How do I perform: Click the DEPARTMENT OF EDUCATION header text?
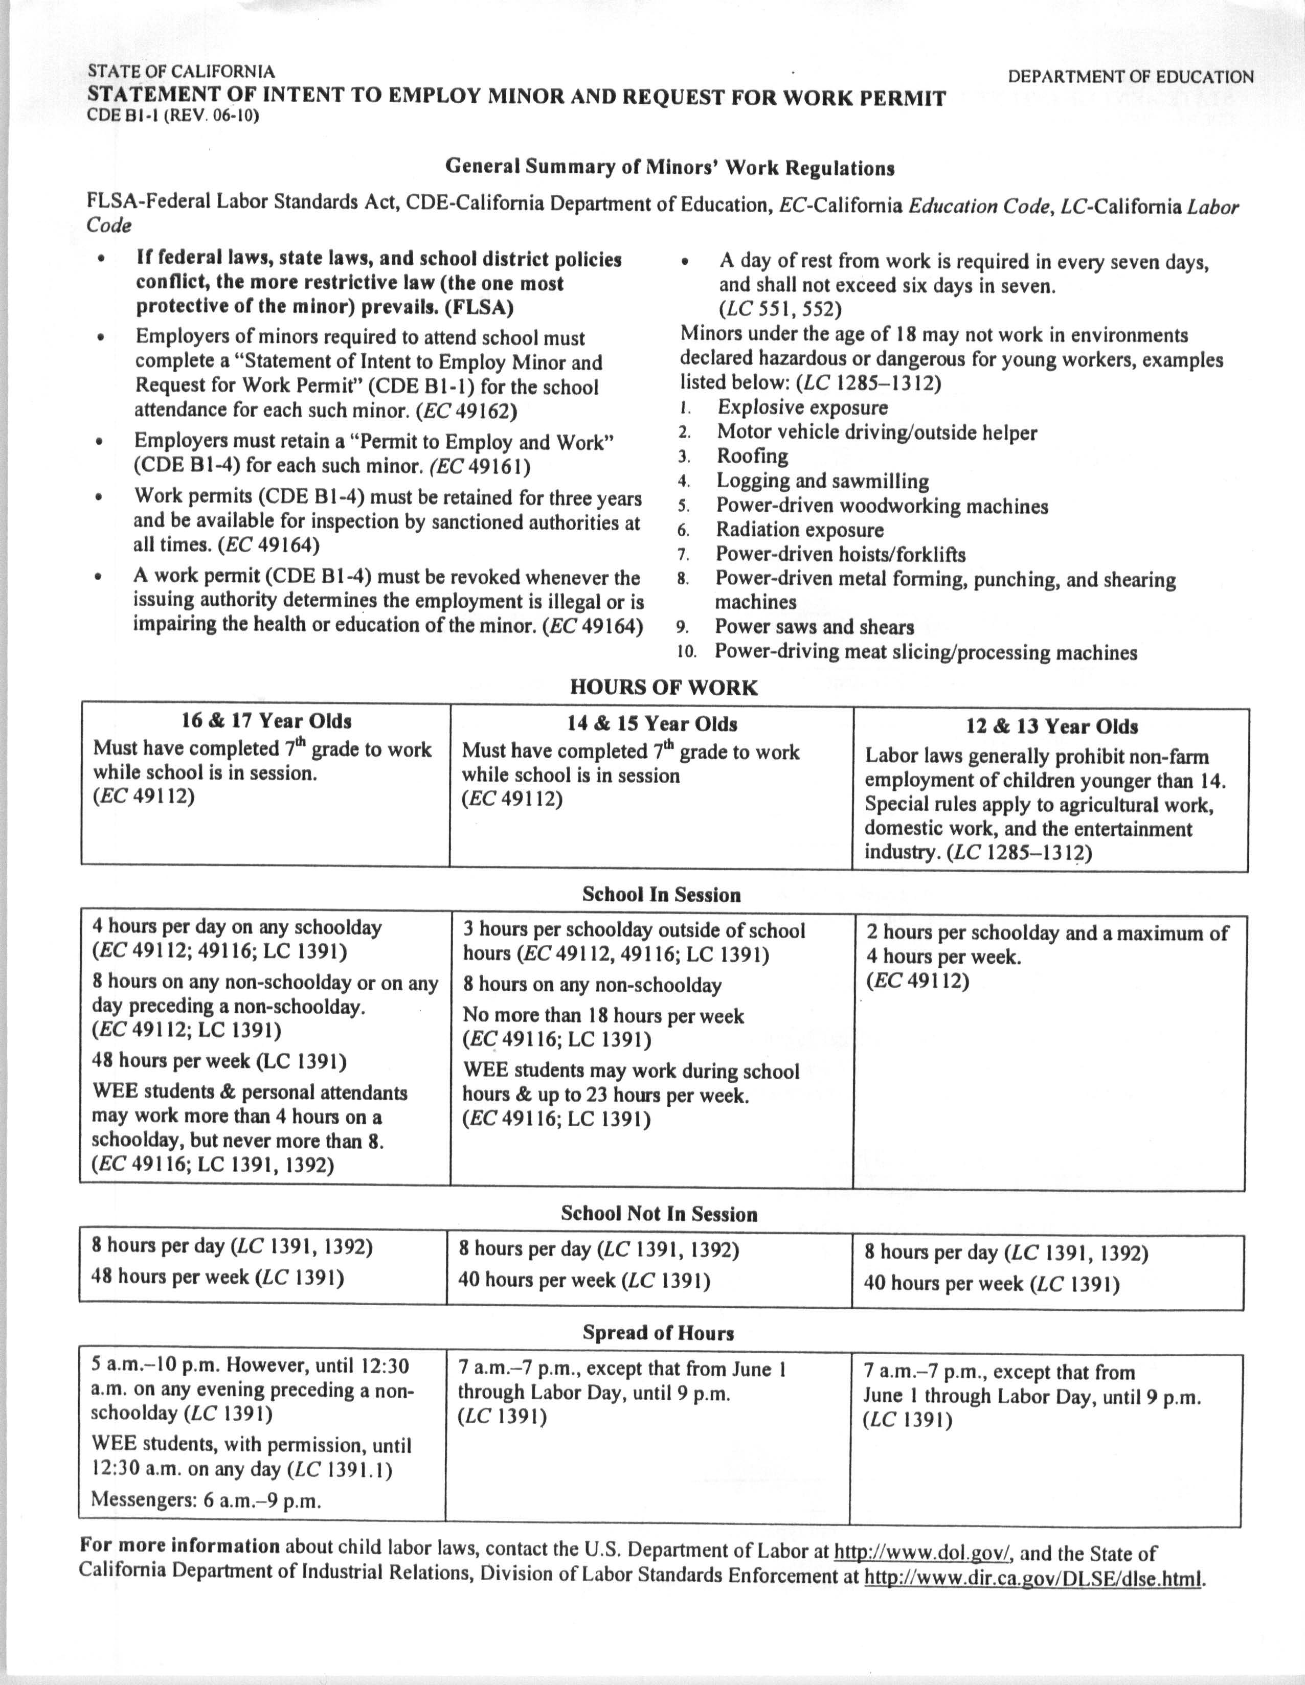(1130, 77)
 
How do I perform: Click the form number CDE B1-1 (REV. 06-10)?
(173, 117)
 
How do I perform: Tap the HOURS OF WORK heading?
(664, 688)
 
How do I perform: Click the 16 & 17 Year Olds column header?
(266, 721)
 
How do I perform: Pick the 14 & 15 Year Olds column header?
(652, 724)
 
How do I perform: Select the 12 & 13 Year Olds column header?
(1051, 727)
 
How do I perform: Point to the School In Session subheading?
(661, 895)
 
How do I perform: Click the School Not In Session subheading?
(659, 1214)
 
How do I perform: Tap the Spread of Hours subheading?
(658, 1333)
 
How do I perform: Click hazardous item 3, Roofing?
(752, 457)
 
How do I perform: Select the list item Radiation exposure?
(799, 530)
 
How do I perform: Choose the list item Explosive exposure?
(803, 407)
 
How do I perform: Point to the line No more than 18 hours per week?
(603, 1016)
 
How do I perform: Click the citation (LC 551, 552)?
(780, 309)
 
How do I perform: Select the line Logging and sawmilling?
(823, 482)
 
